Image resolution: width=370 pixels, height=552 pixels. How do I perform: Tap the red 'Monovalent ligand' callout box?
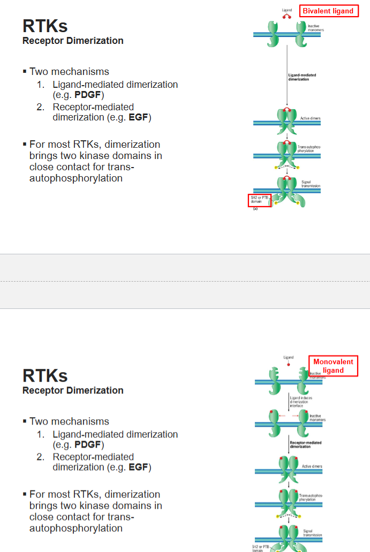[333, 366]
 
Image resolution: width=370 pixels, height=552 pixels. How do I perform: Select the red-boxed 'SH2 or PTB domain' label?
[260, 200]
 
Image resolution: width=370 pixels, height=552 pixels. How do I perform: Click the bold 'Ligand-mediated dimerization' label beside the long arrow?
[302, 77]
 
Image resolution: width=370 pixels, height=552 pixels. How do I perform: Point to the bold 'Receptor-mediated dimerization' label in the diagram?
[305, 444]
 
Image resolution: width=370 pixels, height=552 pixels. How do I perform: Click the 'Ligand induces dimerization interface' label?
[301, 402]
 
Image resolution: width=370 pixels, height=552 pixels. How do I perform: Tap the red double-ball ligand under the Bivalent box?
[287, 16]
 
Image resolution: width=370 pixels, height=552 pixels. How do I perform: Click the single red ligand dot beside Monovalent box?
[289, 364]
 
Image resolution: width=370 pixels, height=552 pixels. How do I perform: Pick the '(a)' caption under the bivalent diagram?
[255, 209]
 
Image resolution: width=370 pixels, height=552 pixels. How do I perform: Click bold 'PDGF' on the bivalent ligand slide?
[88, 95]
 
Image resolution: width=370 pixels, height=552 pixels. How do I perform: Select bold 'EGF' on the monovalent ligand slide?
[139, 467]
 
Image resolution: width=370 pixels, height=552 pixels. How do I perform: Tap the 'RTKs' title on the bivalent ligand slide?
[45, 26]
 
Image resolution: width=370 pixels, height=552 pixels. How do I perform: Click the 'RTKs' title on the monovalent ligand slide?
[45, 375]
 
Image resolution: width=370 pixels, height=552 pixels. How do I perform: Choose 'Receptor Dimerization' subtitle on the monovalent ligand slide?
[73, 390]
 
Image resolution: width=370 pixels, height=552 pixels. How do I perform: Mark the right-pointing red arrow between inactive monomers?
[296, 415]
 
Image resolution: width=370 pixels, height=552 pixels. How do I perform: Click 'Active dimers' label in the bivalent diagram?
[311, 118]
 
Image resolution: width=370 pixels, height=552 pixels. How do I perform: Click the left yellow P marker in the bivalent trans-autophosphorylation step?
[276, 168]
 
